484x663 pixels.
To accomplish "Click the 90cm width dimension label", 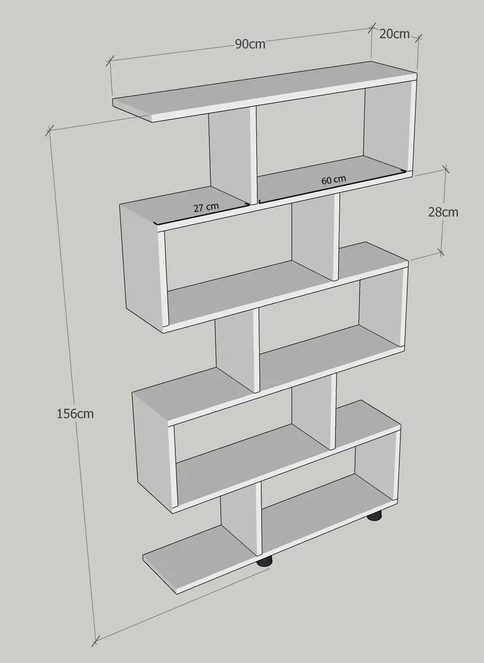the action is (250, 43).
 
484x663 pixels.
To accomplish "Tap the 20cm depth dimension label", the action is (394, 34).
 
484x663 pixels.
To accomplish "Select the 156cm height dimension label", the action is (75, 414).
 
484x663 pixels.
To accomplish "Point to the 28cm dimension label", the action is (443, 212).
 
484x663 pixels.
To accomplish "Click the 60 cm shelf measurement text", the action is (333, 180).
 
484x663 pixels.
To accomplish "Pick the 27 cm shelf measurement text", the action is (207, 207).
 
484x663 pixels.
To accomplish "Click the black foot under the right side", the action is (374, 516).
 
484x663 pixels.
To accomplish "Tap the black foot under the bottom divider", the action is (265, 561).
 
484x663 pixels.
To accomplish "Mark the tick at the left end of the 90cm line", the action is (110, 61).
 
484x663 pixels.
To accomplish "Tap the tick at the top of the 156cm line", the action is (50, 131).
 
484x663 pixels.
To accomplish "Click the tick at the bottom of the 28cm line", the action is (441, 252).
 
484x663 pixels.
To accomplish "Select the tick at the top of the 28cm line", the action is (446, 170).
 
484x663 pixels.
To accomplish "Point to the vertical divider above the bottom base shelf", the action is (240, 519).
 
